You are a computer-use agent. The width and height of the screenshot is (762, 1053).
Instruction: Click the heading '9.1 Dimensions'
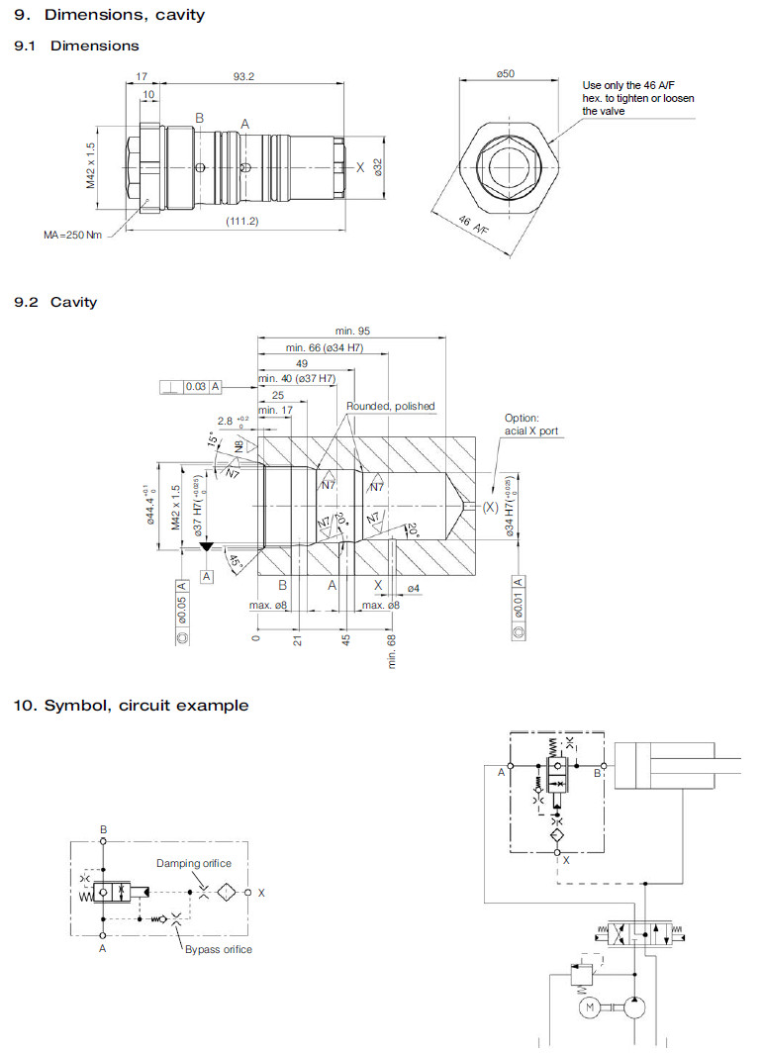point(76,46)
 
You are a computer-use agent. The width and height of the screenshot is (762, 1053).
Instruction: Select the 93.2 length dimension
point(242,76)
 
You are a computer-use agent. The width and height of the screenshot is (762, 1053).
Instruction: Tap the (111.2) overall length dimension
point(240,221)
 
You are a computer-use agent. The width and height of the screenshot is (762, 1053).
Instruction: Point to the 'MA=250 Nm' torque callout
point(72,235)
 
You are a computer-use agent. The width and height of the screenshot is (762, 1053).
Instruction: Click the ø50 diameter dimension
point(508,74)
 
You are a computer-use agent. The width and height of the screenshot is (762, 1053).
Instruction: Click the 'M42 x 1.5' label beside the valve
point(90,165)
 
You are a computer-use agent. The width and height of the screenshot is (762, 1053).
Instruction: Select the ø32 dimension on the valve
point(377,167)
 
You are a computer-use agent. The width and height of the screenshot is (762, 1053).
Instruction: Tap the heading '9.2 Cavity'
point(55,301)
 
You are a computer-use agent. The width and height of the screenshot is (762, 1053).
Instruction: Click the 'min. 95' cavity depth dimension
point(353,331)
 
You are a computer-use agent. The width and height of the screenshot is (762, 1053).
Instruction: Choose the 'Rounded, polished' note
point(390,406)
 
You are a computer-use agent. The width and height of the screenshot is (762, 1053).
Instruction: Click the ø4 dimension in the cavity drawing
point(414,590)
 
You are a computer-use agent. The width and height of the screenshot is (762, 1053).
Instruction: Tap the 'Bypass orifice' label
point(218,949)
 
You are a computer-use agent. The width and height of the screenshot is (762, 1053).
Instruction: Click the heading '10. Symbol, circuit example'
point(131,706)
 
